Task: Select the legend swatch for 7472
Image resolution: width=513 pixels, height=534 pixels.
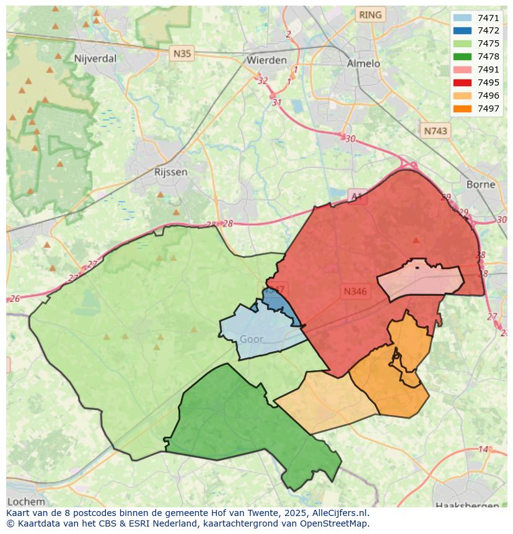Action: click(x=462, y=30)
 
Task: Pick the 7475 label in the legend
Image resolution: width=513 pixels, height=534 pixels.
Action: click(x=488, y=43)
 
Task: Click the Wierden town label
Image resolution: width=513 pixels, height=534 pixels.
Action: click(x=266, y=60)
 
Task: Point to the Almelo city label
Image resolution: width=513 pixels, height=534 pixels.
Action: click(x=363, y=63)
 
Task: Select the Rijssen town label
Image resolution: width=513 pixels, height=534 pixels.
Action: click(x=170, y=172)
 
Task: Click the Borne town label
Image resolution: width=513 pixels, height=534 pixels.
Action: click(x=481, y=184)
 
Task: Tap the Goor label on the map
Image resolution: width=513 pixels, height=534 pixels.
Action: click(x=251, y=339)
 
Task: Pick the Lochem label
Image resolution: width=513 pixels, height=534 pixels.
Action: click(x=26, y=501)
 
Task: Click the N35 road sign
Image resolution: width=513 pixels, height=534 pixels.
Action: click(x=182, y=53)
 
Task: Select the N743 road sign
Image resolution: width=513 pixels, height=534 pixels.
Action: click(x=435, y=131)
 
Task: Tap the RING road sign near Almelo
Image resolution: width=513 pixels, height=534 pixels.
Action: click(x=370, y=14)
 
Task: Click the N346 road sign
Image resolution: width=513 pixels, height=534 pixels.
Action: click(x=355, y=291)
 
